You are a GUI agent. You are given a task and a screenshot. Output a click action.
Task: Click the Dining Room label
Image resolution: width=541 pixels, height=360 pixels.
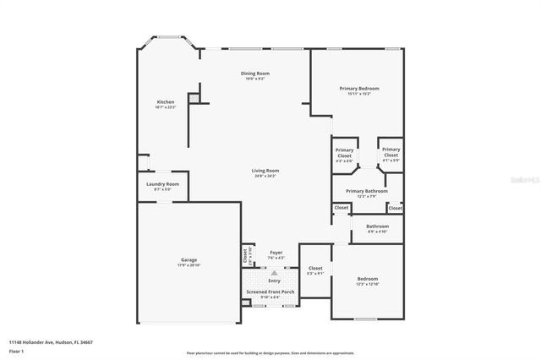255,74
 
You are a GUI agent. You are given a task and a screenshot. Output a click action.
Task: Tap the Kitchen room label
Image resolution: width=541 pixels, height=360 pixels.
166,102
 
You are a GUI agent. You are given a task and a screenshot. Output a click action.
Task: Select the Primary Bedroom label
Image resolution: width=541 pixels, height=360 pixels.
359,89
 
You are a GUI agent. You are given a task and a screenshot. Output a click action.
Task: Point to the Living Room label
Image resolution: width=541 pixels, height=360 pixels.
265,171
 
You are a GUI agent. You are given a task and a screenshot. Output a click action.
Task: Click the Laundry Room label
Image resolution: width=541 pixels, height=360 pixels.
162,184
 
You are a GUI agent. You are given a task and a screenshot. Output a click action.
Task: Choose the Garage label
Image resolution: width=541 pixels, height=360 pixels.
189,259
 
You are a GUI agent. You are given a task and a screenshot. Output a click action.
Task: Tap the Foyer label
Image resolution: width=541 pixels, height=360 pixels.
276,253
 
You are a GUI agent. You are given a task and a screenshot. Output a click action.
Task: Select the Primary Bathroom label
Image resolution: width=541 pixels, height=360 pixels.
366,191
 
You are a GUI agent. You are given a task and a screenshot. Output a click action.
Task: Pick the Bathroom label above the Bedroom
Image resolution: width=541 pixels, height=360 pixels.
377,226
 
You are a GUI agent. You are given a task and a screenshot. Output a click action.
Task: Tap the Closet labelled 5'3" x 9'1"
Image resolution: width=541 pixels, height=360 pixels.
314,269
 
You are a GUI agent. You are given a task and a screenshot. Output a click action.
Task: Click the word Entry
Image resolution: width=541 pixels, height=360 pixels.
274,281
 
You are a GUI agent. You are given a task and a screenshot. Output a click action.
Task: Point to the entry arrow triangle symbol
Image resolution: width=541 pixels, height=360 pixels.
274,273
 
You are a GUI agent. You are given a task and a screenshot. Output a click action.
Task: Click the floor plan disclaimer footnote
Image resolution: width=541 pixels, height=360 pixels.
270,353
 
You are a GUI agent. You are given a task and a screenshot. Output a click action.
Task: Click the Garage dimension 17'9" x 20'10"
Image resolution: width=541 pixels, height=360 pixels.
189,265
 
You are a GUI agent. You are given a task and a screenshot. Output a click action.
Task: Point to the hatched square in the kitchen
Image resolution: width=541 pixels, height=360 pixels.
194,98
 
